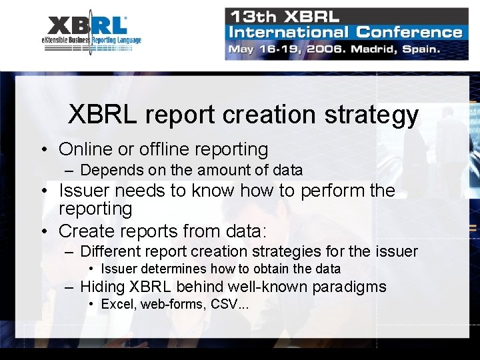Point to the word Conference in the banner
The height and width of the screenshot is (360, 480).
(409, 32)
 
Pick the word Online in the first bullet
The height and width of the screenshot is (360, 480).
(85, 149)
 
